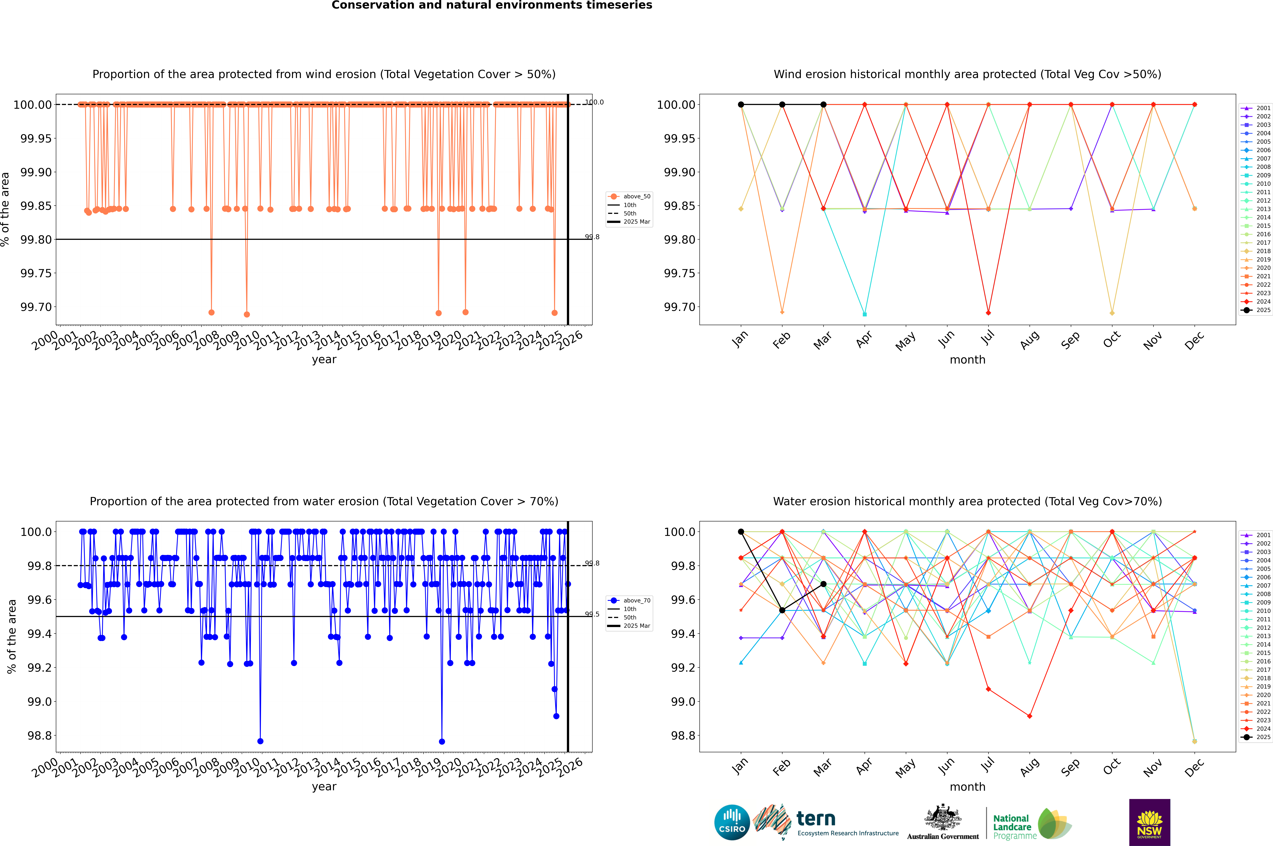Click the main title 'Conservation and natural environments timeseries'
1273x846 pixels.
[492, 5]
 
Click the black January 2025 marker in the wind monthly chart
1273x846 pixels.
[741, 105]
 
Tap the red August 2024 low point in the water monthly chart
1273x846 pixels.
[1030, 716]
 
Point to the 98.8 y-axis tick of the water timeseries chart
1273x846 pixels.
[39, 735]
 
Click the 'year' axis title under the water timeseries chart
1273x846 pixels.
[324, 787]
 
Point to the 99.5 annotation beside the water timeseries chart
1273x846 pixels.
[592, 614]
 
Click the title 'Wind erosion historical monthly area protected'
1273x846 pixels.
[967, 74]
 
